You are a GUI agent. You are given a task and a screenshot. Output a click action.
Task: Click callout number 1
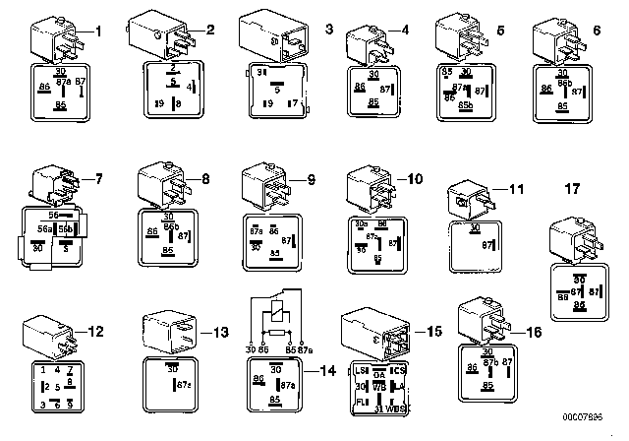pos(97,31)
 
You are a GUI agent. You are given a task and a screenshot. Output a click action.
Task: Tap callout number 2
pos(209,29)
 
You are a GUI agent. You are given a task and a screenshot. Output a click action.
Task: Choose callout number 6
pos(597,31)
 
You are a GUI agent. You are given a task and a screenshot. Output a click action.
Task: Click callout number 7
pos(97,178)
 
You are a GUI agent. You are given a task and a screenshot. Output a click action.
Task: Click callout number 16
pos(534,333)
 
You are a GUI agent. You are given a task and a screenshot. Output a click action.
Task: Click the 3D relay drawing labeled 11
pos(469,196)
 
